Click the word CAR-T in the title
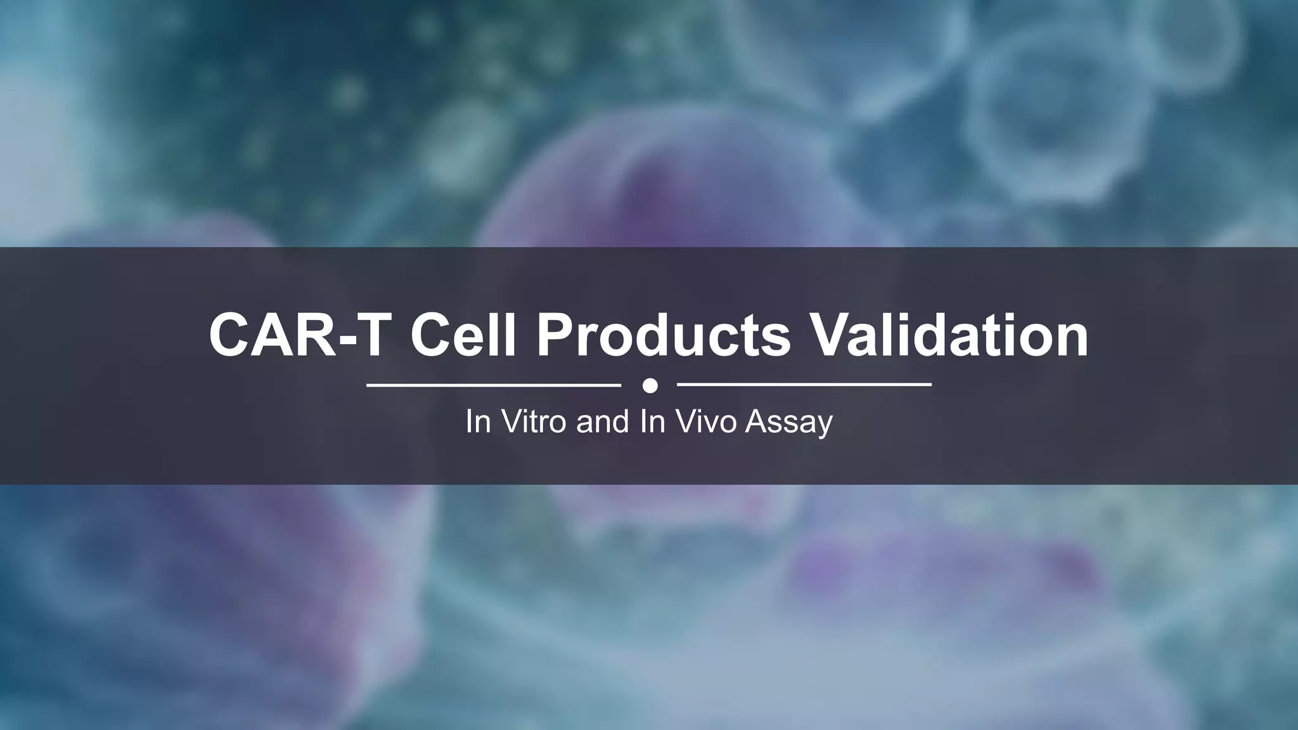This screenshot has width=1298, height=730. tap(298, 335)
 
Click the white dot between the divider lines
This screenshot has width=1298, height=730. tap(650, 385)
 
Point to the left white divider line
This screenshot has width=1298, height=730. tap(494, 385)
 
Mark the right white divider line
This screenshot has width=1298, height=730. tap(804, 385)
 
